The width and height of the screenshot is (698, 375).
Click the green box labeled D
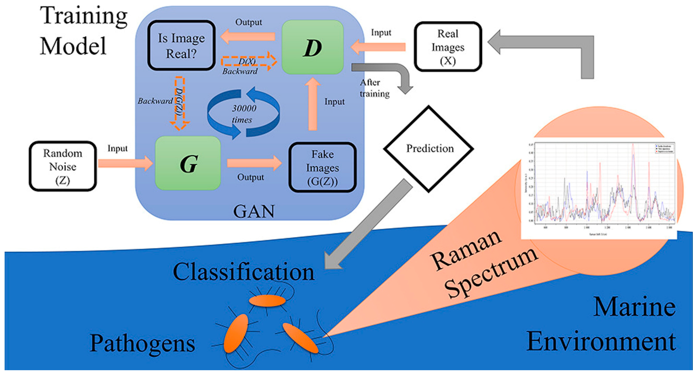(x=312, y=47)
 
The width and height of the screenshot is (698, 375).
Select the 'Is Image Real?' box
(x=181, y=45)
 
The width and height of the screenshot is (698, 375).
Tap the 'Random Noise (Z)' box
(x=63, y=166)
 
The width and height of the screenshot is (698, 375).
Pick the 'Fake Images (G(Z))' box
(x=322, y=168)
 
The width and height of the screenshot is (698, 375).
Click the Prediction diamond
(x=428, y=149)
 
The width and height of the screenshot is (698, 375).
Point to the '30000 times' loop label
(x=243, y=114)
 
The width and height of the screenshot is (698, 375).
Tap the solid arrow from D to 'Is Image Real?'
(x=248, y=37)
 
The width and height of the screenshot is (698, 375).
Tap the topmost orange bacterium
(x=267, y=301)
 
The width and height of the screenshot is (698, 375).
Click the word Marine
(x=634, y=307)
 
